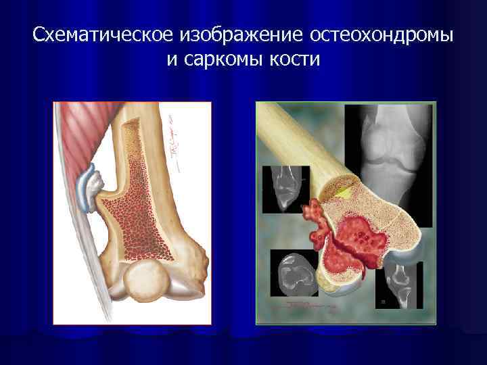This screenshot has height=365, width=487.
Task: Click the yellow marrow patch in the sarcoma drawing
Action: pos(344,192)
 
